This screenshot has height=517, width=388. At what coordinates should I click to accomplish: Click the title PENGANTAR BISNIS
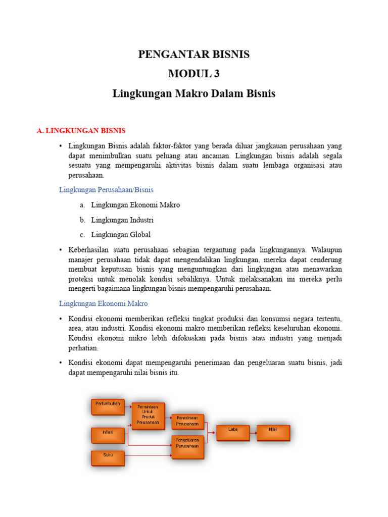pyautogui.click(x=194, y=55)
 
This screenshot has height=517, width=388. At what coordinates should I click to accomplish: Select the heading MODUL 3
pyautogui.click(x=194, y=74)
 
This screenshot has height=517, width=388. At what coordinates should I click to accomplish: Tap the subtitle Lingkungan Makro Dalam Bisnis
pyautogui.click(x=194, y=93)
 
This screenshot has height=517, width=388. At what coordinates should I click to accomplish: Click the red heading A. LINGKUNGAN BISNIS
pyautogui.click(x=81, y=131)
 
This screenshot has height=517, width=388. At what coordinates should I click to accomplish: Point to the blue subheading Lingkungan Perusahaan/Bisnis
pyautogui.click(x=106, y=190)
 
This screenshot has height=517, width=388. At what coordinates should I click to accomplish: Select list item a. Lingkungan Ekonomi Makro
pyautogui.click(x=135, y=205)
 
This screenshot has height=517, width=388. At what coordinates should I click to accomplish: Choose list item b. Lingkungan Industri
pyautogui.click(x=122, y=220)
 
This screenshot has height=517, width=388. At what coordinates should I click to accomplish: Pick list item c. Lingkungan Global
pyautogui.click(x=121, y=235)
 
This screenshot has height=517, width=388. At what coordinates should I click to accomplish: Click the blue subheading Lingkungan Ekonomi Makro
pyautogui.click(x=103, y=303)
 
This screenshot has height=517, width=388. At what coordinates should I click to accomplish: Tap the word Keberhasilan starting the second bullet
pyautogui.click(x=89, y=250)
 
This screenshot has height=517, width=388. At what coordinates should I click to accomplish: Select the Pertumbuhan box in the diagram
pyautogui.click(x=108, y=407)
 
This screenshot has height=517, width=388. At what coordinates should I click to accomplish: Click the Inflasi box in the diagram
pyautogui.click(x=108, y=435)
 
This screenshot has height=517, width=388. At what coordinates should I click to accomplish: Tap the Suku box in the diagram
pyautogui.click(x=108, y=458)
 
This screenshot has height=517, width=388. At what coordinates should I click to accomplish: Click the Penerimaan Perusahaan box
pyautogui.click(x=188, y=422)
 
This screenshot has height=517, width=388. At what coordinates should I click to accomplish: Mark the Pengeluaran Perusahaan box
pyautogui.click(x=188, y=447)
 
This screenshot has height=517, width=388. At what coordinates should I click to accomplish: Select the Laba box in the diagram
pyautogui.click(x=233, y=433)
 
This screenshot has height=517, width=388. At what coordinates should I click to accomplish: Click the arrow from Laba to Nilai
pyautogui.click(x=253, y=433)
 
